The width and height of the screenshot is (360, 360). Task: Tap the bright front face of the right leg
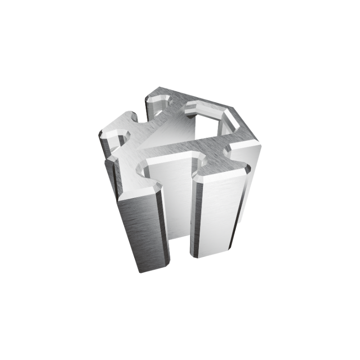[216, 216]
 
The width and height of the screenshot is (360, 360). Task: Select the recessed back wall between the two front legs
[178, 202]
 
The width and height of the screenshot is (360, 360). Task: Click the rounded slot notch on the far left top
[118, 137]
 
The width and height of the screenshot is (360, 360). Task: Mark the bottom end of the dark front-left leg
[151, 269]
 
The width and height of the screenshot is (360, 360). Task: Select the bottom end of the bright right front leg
[211, 254]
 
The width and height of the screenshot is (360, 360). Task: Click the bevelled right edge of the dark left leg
[164, 225]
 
